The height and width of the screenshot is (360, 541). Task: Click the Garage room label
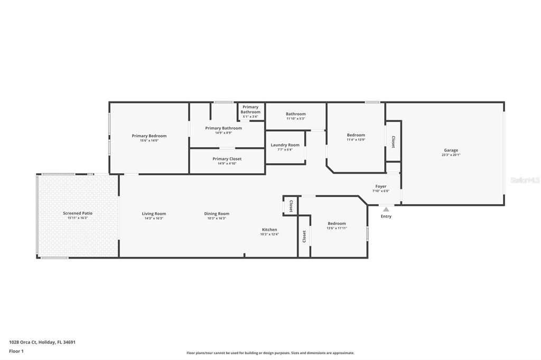(x=451, y=150)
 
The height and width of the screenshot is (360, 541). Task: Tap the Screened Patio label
(x=78, y=213)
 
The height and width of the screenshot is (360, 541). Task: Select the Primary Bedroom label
(x=149, y=136)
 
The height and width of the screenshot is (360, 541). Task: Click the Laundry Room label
(x=285, y=145)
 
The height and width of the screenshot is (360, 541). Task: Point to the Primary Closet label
(x=227, y=159)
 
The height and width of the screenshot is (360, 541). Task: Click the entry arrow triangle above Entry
(x=386, y=209)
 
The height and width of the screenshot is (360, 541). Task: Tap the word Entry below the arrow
(x=386, y=216)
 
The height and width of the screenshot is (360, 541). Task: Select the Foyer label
(x=381, y=186)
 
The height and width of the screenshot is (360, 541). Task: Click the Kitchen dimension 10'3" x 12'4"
(x=269, y=234)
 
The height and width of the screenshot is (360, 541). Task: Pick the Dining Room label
(x=217, y=214)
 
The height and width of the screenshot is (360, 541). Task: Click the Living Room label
(x=154, y=214)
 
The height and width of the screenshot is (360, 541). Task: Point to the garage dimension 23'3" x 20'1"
(x=451, y=155)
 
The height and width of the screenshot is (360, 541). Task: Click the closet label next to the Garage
(x=393, y=141)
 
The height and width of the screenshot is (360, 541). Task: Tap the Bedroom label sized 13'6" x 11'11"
(x=337, y=223)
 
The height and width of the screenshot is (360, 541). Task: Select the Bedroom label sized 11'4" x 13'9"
(x=356, y=135)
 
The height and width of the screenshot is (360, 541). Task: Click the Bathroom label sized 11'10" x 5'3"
(x=295, y=114)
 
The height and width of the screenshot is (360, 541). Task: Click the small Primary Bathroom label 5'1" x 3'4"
(x=250, y=110)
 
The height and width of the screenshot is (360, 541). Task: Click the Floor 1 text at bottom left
(x=16, y=351)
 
